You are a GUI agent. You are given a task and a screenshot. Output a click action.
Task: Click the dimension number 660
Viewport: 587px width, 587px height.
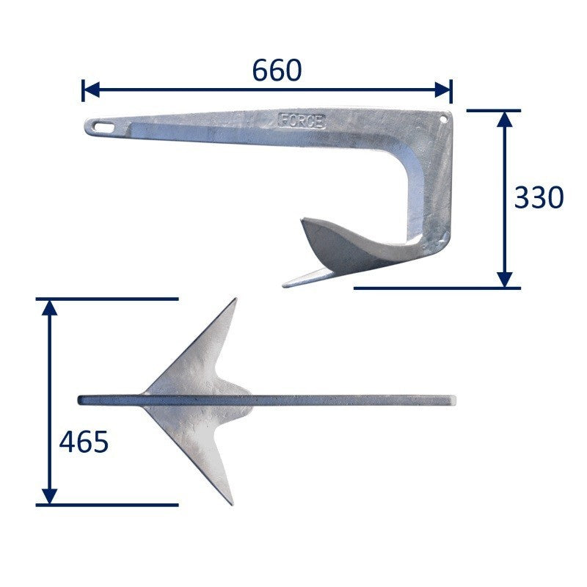tap(277, 70)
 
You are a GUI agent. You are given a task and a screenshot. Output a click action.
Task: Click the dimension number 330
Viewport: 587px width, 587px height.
tap(539, 197)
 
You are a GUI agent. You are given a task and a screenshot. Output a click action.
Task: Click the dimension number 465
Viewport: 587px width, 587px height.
tap(83, 442)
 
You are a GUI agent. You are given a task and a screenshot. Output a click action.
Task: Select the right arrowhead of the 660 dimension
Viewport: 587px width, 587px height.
tap(444, 90)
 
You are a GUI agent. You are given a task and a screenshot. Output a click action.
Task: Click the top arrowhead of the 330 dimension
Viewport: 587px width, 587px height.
tap(504, 118)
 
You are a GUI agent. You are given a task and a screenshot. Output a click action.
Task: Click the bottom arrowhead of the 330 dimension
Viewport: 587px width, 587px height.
tap(504, 279)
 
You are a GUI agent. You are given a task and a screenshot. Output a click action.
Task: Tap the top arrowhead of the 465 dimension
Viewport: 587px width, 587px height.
tap(49, 307)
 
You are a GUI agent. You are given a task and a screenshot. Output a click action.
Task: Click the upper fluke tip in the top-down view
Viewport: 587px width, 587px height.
tap(235, 300)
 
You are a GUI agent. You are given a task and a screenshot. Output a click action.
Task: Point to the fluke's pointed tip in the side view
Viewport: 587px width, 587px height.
tap(285, 283)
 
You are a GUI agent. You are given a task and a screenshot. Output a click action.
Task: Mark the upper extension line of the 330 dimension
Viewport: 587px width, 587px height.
tap(493, 110)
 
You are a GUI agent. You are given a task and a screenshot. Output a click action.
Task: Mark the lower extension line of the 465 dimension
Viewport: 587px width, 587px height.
tap(106, 505)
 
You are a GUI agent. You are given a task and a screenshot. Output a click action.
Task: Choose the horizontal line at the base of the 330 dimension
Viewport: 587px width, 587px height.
tap(437, 288)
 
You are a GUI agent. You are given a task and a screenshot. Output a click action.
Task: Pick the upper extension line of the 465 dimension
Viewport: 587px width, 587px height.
tap(106, 299)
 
